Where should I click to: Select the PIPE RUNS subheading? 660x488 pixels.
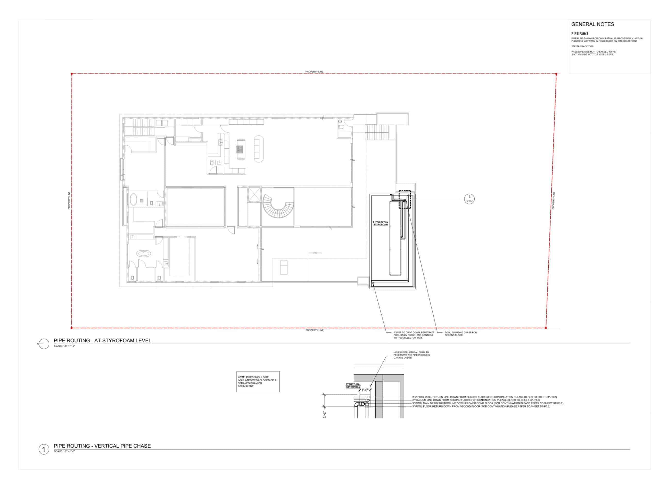pyautogui.click(x=580, y=34)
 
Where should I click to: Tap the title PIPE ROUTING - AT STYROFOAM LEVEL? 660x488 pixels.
pyautogui.click(x=102, y=341)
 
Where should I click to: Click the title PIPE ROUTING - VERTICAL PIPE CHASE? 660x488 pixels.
pyautogui.click(x=102, y=446)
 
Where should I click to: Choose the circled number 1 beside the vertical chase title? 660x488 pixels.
pyautogui.click(x=44, y=449)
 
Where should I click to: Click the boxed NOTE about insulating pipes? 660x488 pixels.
pyautogui.click(x=258, y=382)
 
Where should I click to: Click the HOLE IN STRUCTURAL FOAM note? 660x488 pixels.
pyautogui.click(x=411, y=355)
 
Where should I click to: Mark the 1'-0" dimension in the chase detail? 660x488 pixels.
pyautogui.click(x=365, y=390)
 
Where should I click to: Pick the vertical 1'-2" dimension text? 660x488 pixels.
pyautogui.click(x=324, y=415)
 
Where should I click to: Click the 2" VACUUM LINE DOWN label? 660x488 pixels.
pyautogui.click(x=476, y=400)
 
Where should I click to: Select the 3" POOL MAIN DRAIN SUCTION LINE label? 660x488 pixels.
pyautogui.click(x=488, y=403)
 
